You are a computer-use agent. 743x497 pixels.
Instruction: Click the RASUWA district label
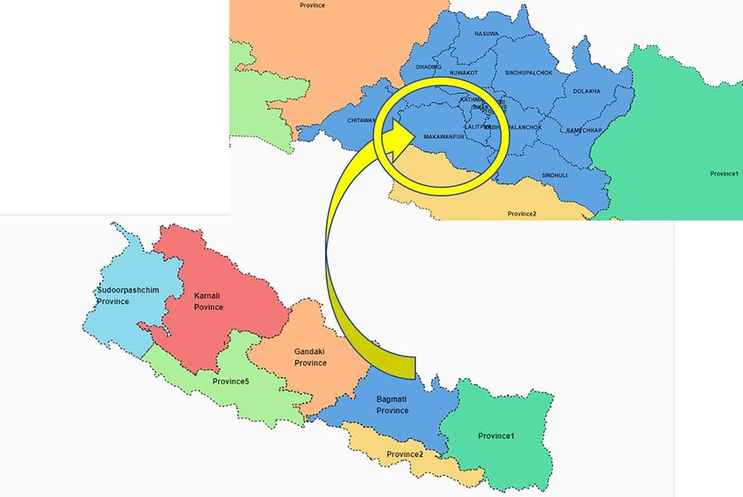click(486, 34)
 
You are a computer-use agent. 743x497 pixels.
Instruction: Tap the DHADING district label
click(428, 66)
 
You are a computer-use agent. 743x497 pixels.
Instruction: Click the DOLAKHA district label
click(587, 91)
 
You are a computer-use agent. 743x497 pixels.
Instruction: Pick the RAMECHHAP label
click(585, 130)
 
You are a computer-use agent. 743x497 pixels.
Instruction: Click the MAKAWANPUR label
click(443, 138)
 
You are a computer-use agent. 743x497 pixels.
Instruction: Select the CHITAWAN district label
click(361, 120)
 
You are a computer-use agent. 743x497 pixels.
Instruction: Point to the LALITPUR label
click(477, 128)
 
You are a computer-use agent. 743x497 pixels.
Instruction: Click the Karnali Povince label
click(208, 301)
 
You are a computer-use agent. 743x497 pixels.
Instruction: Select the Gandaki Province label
click(310, 356)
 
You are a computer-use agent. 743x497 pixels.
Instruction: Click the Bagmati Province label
click(392, 404)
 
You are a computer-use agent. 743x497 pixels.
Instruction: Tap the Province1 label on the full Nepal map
click(496, 435)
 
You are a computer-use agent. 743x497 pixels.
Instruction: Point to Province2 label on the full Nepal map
click(406, 454)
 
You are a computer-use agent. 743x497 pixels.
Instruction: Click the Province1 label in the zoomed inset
click(724, 174)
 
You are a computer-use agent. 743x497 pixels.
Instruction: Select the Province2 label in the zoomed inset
click(522, 214)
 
